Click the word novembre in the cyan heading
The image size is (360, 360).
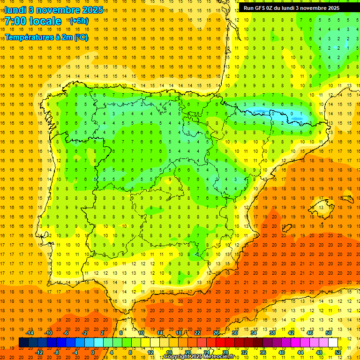(57, 10)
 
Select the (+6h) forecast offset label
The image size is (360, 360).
(78, 21)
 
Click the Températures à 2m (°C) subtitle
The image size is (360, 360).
(46, 37)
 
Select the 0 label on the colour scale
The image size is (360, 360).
(93, 352)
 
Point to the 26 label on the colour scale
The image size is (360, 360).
(216, 333)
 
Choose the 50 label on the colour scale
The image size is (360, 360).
(329, 333)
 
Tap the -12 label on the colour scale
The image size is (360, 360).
(39, 352)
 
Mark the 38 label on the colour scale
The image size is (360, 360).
(272, 333)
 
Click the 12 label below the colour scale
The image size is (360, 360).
(150, 352)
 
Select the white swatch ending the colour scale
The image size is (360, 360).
(333, 342)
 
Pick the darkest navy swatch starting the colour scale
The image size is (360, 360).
(23, 342)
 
